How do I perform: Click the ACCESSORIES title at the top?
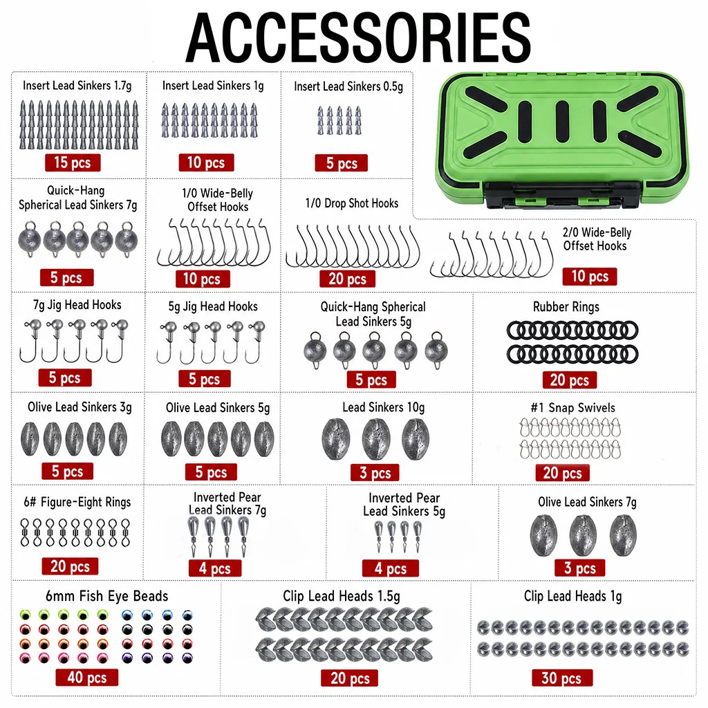358,38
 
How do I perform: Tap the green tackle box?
561,142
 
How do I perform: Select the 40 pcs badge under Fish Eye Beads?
86,678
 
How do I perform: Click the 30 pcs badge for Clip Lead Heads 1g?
561,678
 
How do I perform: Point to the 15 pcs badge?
72,162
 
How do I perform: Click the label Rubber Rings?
566,307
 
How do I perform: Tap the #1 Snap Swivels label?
572,408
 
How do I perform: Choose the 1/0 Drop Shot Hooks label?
352,203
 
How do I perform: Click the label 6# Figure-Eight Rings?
77,502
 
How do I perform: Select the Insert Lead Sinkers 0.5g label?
348,86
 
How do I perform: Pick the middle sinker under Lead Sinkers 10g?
376,439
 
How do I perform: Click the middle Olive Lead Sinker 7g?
583,536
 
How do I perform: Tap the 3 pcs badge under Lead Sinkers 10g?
375,473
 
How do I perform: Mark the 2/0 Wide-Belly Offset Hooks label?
597,239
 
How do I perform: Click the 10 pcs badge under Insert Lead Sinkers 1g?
206,162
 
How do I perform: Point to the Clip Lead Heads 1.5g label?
342,596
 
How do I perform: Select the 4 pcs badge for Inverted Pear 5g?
391,568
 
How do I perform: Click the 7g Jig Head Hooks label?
77,305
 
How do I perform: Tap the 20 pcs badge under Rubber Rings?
570,380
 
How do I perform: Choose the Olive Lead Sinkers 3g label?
80,407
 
